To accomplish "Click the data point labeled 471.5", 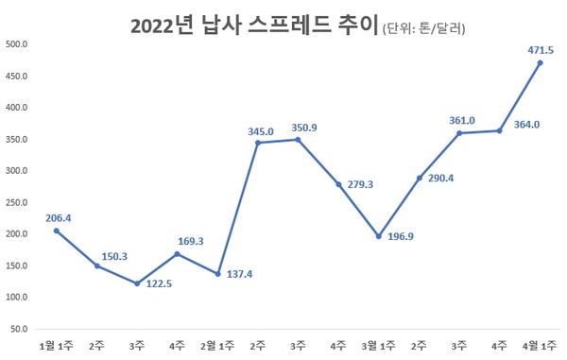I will click(540, 63).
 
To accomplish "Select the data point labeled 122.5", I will click(137, 283).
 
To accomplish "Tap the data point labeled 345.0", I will click(258, 143).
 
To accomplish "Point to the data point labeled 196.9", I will click(379, 236).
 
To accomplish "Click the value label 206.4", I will click(58, 218).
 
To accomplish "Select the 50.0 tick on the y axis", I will click(20, 329).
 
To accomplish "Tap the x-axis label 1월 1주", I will click(56, 347).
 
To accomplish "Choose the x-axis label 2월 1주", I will click(217, 347).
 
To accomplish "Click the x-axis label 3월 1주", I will click(378, 347).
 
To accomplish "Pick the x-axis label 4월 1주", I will click(539, 347).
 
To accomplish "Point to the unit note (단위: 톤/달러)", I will click(424, 29).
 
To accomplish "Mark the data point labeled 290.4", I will click(419, 178).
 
